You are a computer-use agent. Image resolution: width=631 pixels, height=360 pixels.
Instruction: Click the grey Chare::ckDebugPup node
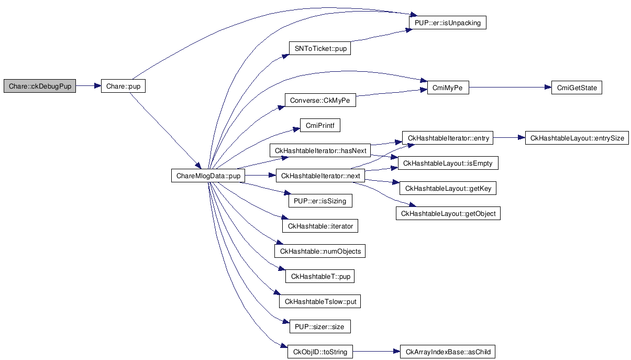[40, 86]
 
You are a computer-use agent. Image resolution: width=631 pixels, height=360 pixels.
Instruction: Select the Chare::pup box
[123, 86]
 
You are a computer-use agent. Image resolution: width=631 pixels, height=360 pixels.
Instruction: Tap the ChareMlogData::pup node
[208, 176]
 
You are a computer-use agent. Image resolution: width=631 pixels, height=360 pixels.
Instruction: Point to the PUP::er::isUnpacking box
[447, 23]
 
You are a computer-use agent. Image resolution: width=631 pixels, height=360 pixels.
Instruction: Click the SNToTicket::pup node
[319, 48]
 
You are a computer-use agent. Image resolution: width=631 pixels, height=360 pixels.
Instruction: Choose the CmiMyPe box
[448, 88]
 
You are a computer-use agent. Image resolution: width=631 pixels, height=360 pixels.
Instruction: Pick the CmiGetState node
[577, 88]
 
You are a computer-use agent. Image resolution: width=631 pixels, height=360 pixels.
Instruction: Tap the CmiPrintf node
[320, 126]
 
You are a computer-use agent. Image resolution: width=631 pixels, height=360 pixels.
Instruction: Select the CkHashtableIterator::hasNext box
[319, 151]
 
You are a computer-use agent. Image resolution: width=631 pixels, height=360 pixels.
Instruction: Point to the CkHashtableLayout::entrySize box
[577, 138]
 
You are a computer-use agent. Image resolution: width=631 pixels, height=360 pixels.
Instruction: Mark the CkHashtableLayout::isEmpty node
[448, 163]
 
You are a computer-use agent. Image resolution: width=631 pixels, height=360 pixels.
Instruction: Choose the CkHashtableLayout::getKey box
[448, 189]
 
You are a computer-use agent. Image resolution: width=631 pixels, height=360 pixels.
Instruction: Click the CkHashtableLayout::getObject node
[448, 214]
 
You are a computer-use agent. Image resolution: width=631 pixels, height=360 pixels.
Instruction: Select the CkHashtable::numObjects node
[320, 252]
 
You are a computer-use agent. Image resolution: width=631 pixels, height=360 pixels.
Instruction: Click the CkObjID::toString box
[320, 352]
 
